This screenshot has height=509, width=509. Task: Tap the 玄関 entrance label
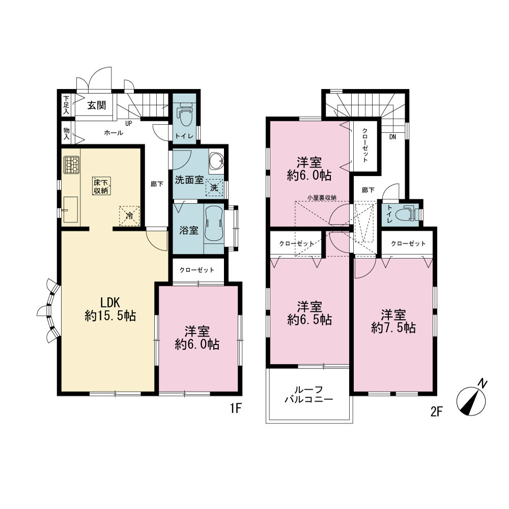(x=96, y=105)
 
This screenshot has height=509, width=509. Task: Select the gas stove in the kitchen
(x=71, y=165)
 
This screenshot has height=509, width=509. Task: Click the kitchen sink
(x=70, y=210)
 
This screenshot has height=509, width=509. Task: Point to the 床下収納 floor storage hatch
(x=101, y=186)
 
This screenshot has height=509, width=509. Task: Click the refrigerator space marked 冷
(x=129, y=215)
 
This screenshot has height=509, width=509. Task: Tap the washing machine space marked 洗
(x=214, y=188)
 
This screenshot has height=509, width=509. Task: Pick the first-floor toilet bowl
(x=185, y=115)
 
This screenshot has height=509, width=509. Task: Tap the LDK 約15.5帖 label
(x=110, y=309)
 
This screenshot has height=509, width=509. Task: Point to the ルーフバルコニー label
(x=309, y=394)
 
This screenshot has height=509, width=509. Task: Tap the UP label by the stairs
(x=129, y=124)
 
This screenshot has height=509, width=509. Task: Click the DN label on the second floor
(x=392, y=137)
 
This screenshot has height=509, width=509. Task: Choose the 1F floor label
(x=236, y=408)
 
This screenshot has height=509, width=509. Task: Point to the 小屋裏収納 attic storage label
(x=322, y=197)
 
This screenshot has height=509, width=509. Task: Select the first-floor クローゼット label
(x=196, y=270)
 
